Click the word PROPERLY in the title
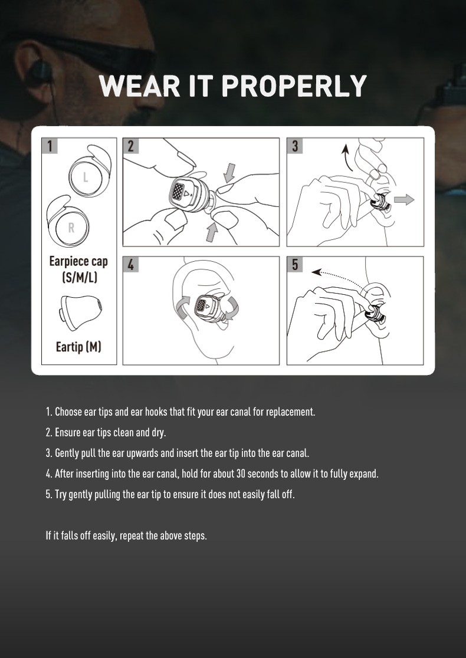[x=294, y=86]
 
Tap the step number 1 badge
[x=50, y=146]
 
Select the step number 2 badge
[x=130, y=146]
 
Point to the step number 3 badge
[x=295, y=146]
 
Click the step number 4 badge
[x=130, y=264]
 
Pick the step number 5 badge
[x=295, y=264]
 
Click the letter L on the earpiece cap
[x=86, y=177]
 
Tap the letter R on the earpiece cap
[x=71, y=228]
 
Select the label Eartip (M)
[x=78, y=347]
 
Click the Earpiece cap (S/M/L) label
[x=78, y=269]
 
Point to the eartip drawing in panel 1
[x=81, y=312]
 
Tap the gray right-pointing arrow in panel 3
[x=404, y=200]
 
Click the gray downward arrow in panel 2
[x=229, y=173]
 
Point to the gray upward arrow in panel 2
[x=212, y=232]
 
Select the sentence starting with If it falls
[x=126, y=536]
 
